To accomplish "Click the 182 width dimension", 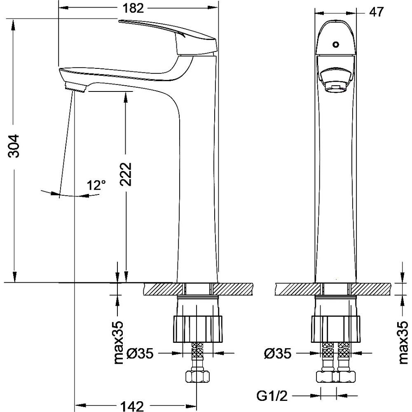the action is coord(133,8).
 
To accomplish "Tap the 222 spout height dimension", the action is coord(126,174).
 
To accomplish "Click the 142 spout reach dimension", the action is coord(132,406).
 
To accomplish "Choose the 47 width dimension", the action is coord(376,12).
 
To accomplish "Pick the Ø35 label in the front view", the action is coord(278,353).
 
